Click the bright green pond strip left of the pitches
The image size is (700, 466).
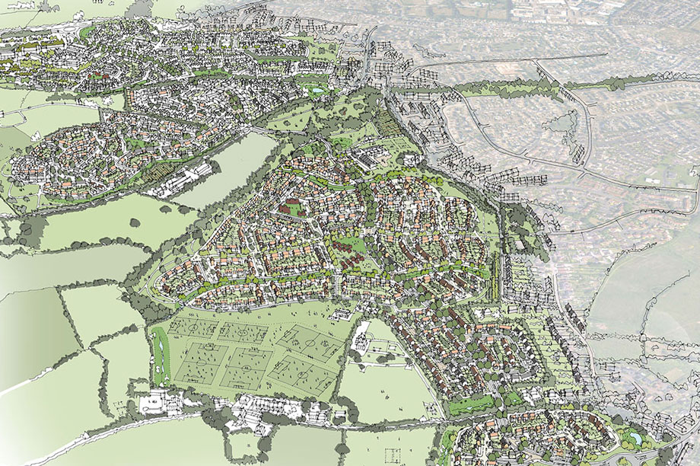[x=159, y=354]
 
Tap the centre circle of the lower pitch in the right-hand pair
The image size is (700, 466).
[x=300, y=374]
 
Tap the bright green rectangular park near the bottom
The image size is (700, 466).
[x=466, y=406]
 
